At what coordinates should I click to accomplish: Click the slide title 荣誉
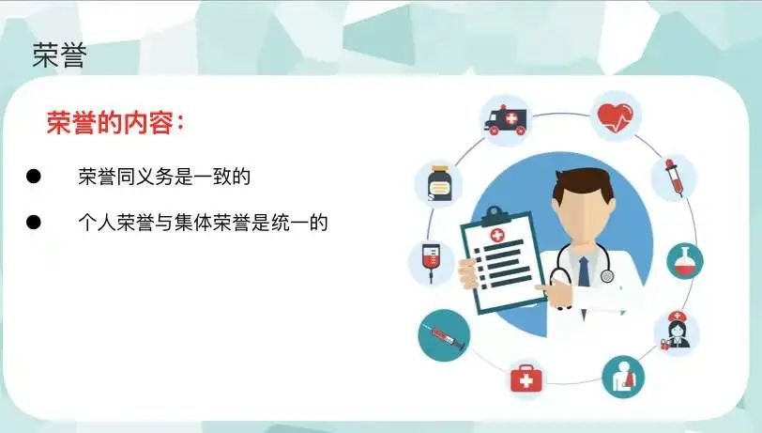point(59,55)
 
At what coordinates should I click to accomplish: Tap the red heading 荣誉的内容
point(110,123)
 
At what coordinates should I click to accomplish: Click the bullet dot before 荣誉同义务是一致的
point(34,177)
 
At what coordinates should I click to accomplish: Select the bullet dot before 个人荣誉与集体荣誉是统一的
point(34,223)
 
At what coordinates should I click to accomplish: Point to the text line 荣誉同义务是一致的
point(164,177)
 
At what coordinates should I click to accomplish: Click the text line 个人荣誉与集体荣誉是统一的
point(203,223)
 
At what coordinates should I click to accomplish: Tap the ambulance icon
point(506,120)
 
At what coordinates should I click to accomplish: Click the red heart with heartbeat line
point(615,117)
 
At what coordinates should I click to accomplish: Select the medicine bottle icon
point(439,183)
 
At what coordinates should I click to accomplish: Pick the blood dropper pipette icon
point(674,178)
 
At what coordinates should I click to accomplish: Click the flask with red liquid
point(684,261)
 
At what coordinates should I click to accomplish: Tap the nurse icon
point(678,332)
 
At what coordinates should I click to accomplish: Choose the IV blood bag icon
point(431,262)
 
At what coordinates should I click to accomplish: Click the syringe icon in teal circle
point(444,335)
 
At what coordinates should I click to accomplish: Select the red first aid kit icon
point(526,379)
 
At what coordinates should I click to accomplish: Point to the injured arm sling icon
point(623,377)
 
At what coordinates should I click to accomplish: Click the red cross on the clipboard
point(496,236)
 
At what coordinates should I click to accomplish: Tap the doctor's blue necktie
point(584,271)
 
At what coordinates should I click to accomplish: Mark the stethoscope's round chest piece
point(607,276)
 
